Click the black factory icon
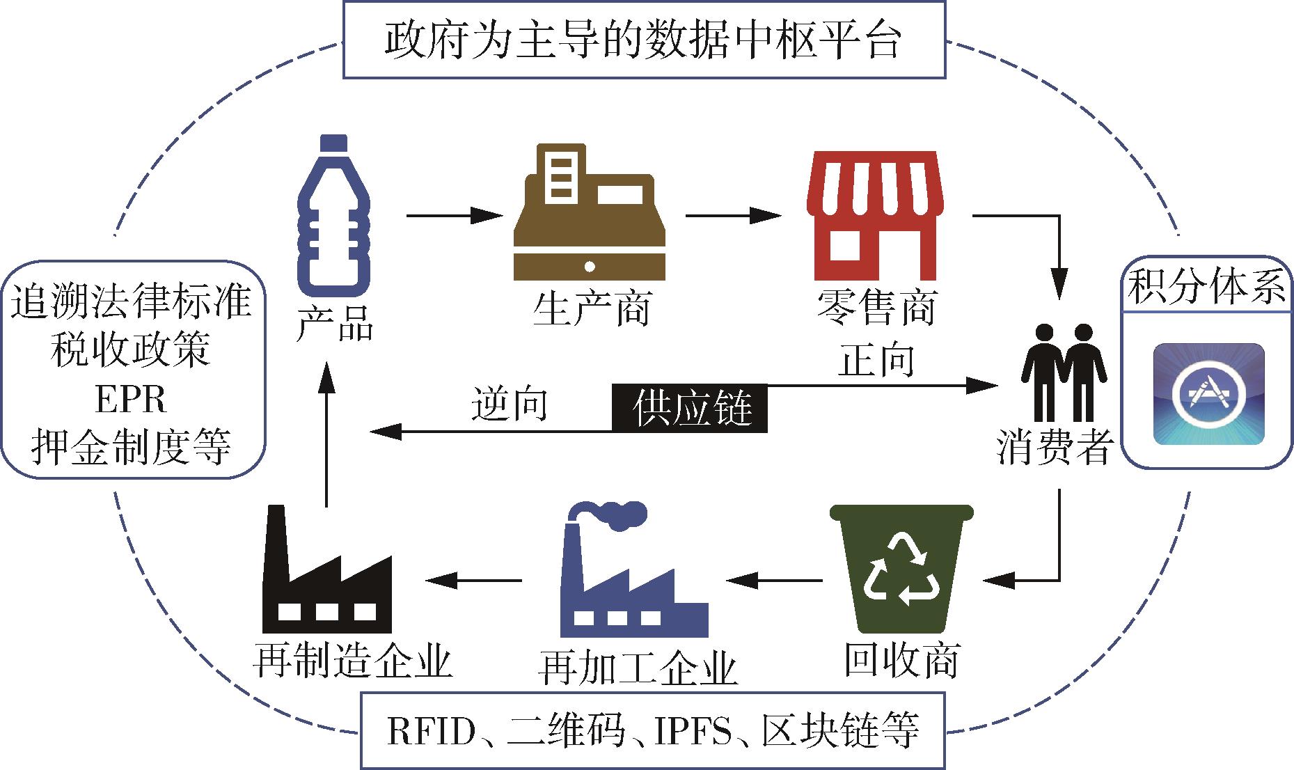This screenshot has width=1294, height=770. pos(325,574)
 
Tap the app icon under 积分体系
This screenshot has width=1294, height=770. pos(1208,394)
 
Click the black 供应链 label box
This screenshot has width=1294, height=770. pos(689,407)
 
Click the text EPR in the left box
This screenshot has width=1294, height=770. pos(131,400)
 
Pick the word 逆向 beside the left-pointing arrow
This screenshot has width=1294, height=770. pos(509,404)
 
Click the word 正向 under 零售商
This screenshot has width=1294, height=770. pos(875,360)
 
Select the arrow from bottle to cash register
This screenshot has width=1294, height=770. pos(453,216)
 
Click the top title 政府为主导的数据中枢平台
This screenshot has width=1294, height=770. pos(643,40)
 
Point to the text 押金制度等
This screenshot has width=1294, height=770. pos(131,446)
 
